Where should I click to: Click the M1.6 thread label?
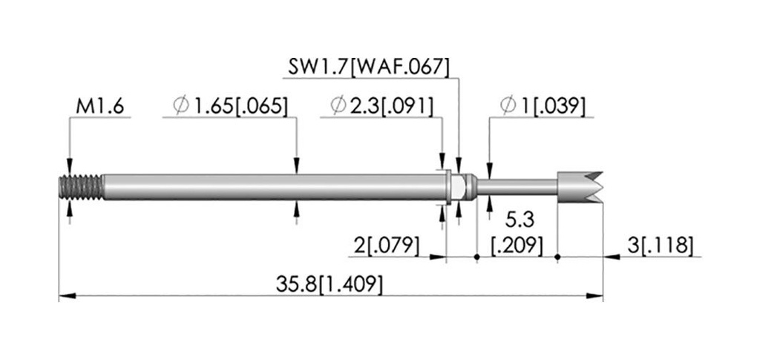[x=100, y=106]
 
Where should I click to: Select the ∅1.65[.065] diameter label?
[x=231, y=105]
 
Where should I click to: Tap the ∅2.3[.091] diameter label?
[x=382, y=105]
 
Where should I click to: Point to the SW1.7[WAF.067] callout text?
[x=368, y=67]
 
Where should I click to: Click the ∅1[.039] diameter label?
[x=543, y=105]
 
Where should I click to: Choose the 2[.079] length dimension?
[x=386, y=246]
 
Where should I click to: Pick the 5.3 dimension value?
[x=520, y=220]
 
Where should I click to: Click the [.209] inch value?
[x=517, y=246]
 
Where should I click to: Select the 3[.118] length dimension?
[x=660, y=246]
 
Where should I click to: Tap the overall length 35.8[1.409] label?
[x=329, y=284]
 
